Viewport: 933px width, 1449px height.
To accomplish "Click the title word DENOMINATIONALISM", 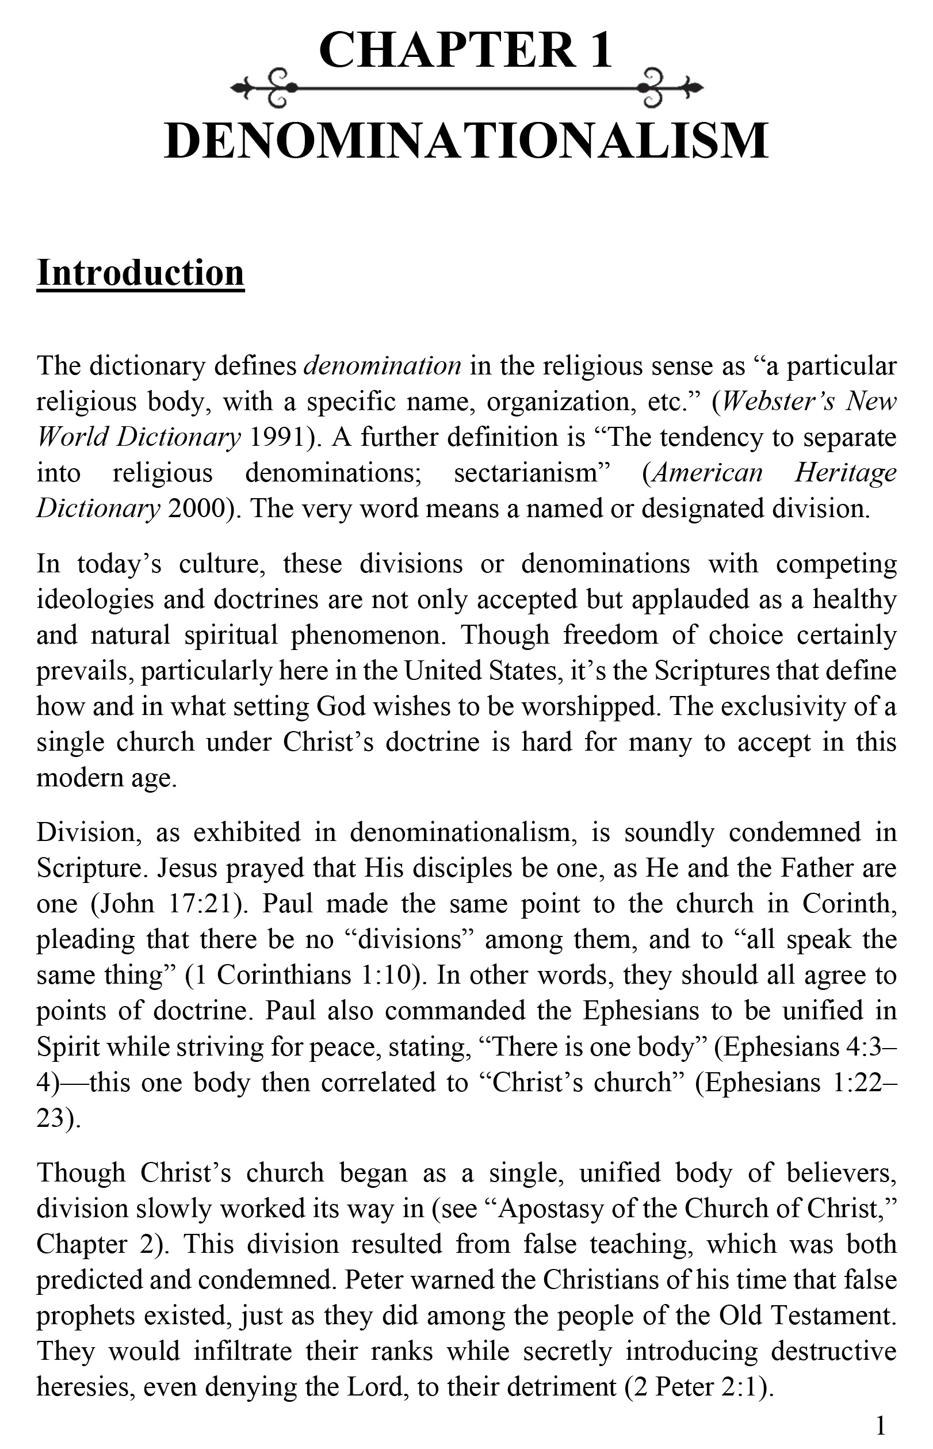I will click(x=466, y=141).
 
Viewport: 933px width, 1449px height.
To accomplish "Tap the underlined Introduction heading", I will click(x=140, y=273).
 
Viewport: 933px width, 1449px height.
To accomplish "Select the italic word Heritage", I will click(x=845, y=472).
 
